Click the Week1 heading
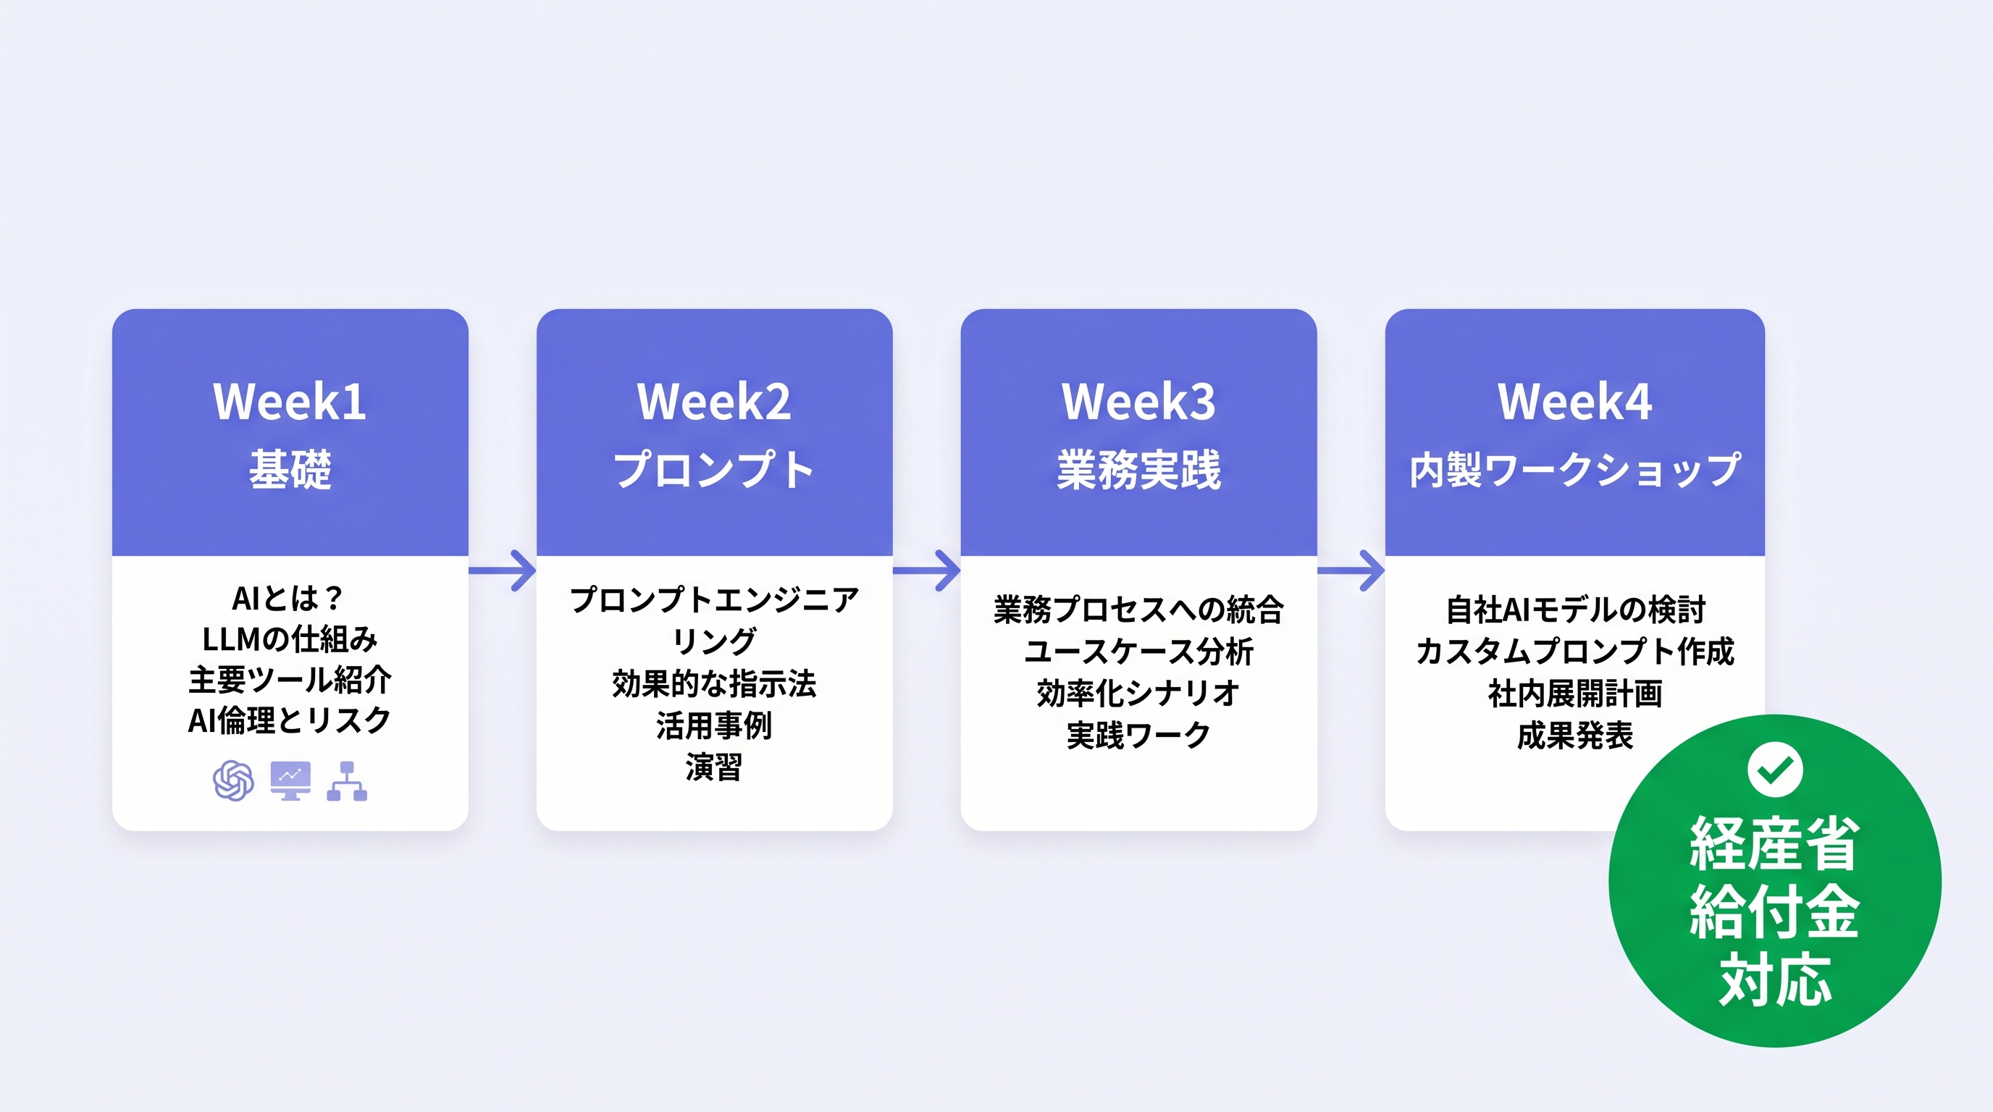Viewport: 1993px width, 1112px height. [x=290, y=402]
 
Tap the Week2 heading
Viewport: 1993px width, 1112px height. [x=713, y=402]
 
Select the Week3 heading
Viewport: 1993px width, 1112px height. [x=1138, y=402]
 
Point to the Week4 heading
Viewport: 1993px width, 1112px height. [x=1574, y=402]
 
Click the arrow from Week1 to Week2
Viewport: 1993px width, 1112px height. [x=503, y=570]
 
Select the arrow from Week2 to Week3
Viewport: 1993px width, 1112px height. [x=928, y=570]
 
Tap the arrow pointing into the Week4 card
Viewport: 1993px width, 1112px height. [x=1351, y=570]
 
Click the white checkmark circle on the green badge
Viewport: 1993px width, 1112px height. [x=1775, y=770]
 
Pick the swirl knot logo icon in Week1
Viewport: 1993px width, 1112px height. [x=233, y=780]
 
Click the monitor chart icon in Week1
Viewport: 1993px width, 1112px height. [x=290, y=780]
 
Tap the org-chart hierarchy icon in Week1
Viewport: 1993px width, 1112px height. [x=347, y=781]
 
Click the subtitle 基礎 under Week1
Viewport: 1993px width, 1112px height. [x=290, y=469]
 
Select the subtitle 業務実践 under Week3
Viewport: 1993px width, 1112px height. [x=1138, y=469]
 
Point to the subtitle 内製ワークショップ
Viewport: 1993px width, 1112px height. [x=1574, y=469]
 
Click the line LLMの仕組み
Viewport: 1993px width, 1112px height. [x=290, y=639]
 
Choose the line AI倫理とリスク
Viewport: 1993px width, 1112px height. [x=290, y=721]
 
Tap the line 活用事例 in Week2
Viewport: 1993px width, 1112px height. [x=713, y=726]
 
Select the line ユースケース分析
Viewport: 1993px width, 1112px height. [x=1138, y=652]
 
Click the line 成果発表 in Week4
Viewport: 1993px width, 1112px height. [x=1574, y=736]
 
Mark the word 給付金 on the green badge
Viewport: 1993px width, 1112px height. [x=1774, y=912]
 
